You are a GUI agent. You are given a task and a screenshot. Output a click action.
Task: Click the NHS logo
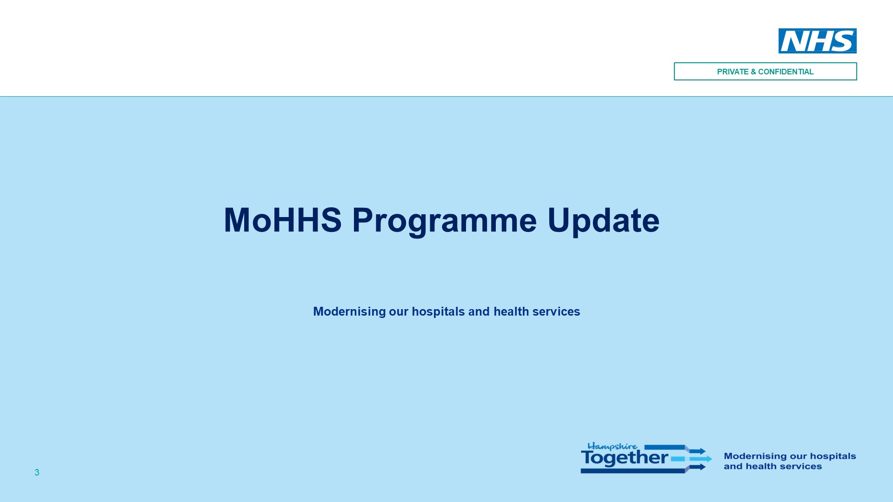(x=817, y=41)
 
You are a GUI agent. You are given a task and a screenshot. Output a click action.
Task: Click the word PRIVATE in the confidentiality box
(x=733, y=72)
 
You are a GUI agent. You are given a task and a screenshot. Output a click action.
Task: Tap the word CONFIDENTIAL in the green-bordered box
(x=786, y=72)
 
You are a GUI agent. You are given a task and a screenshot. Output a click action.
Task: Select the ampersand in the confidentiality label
(x=753, y=72)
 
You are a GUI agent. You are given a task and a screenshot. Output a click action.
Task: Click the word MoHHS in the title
(x=283, y=220)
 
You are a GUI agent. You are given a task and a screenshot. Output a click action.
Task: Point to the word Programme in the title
(x=445, y=222)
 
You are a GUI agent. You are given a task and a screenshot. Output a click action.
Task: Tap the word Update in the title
(x=603, y=222)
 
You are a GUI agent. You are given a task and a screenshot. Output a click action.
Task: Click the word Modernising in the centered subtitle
(x=349, y=311)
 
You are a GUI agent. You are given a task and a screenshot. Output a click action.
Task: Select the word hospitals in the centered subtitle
(x=438, y=311)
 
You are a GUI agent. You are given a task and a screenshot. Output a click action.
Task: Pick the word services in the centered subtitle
(x=556, y=311)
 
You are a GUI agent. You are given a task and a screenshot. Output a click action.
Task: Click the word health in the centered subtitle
(x=511, y=311)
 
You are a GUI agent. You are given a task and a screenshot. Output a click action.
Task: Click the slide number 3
(x=37, y=472)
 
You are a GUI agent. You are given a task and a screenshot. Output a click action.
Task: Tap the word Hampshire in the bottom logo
(x=612, y=447)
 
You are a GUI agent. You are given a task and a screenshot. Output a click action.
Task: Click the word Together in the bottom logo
(x=625, y=458)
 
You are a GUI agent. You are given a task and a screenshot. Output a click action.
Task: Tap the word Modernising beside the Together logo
(x=753, y=456)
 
